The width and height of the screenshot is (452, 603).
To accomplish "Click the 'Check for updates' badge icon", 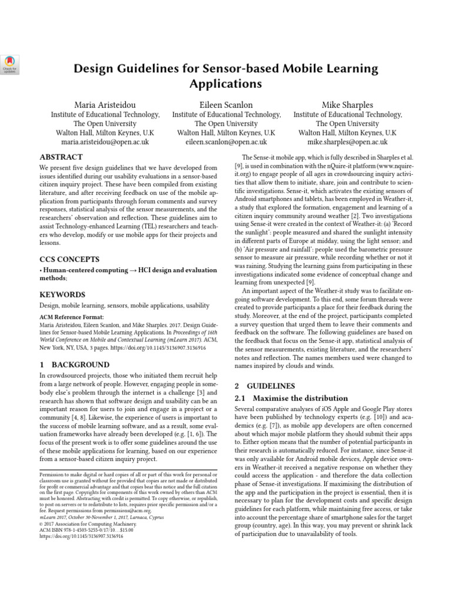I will point(10,63).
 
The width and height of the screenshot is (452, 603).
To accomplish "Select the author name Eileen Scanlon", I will point(226,105).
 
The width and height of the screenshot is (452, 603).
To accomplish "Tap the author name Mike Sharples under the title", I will point(347,105).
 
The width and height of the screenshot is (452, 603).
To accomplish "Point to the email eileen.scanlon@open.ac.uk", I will point(226,143).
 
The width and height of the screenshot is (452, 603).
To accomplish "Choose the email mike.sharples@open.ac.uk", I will point(347,143).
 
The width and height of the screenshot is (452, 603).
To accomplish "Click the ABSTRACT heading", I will point(61,157).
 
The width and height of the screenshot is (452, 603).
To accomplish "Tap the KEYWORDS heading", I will point(62,294).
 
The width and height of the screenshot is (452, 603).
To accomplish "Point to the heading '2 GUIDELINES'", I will point(264,386).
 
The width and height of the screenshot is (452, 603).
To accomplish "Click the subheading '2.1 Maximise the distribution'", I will point(291,398).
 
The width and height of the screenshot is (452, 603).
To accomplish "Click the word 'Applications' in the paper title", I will point(225,84).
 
